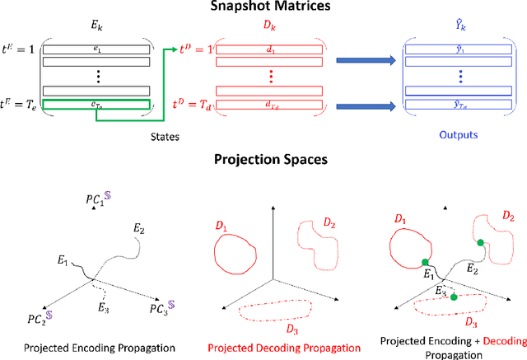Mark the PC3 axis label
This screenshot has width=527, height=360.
[161, 310]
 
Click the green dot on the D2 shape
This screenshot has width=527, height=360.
[481, 242]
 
